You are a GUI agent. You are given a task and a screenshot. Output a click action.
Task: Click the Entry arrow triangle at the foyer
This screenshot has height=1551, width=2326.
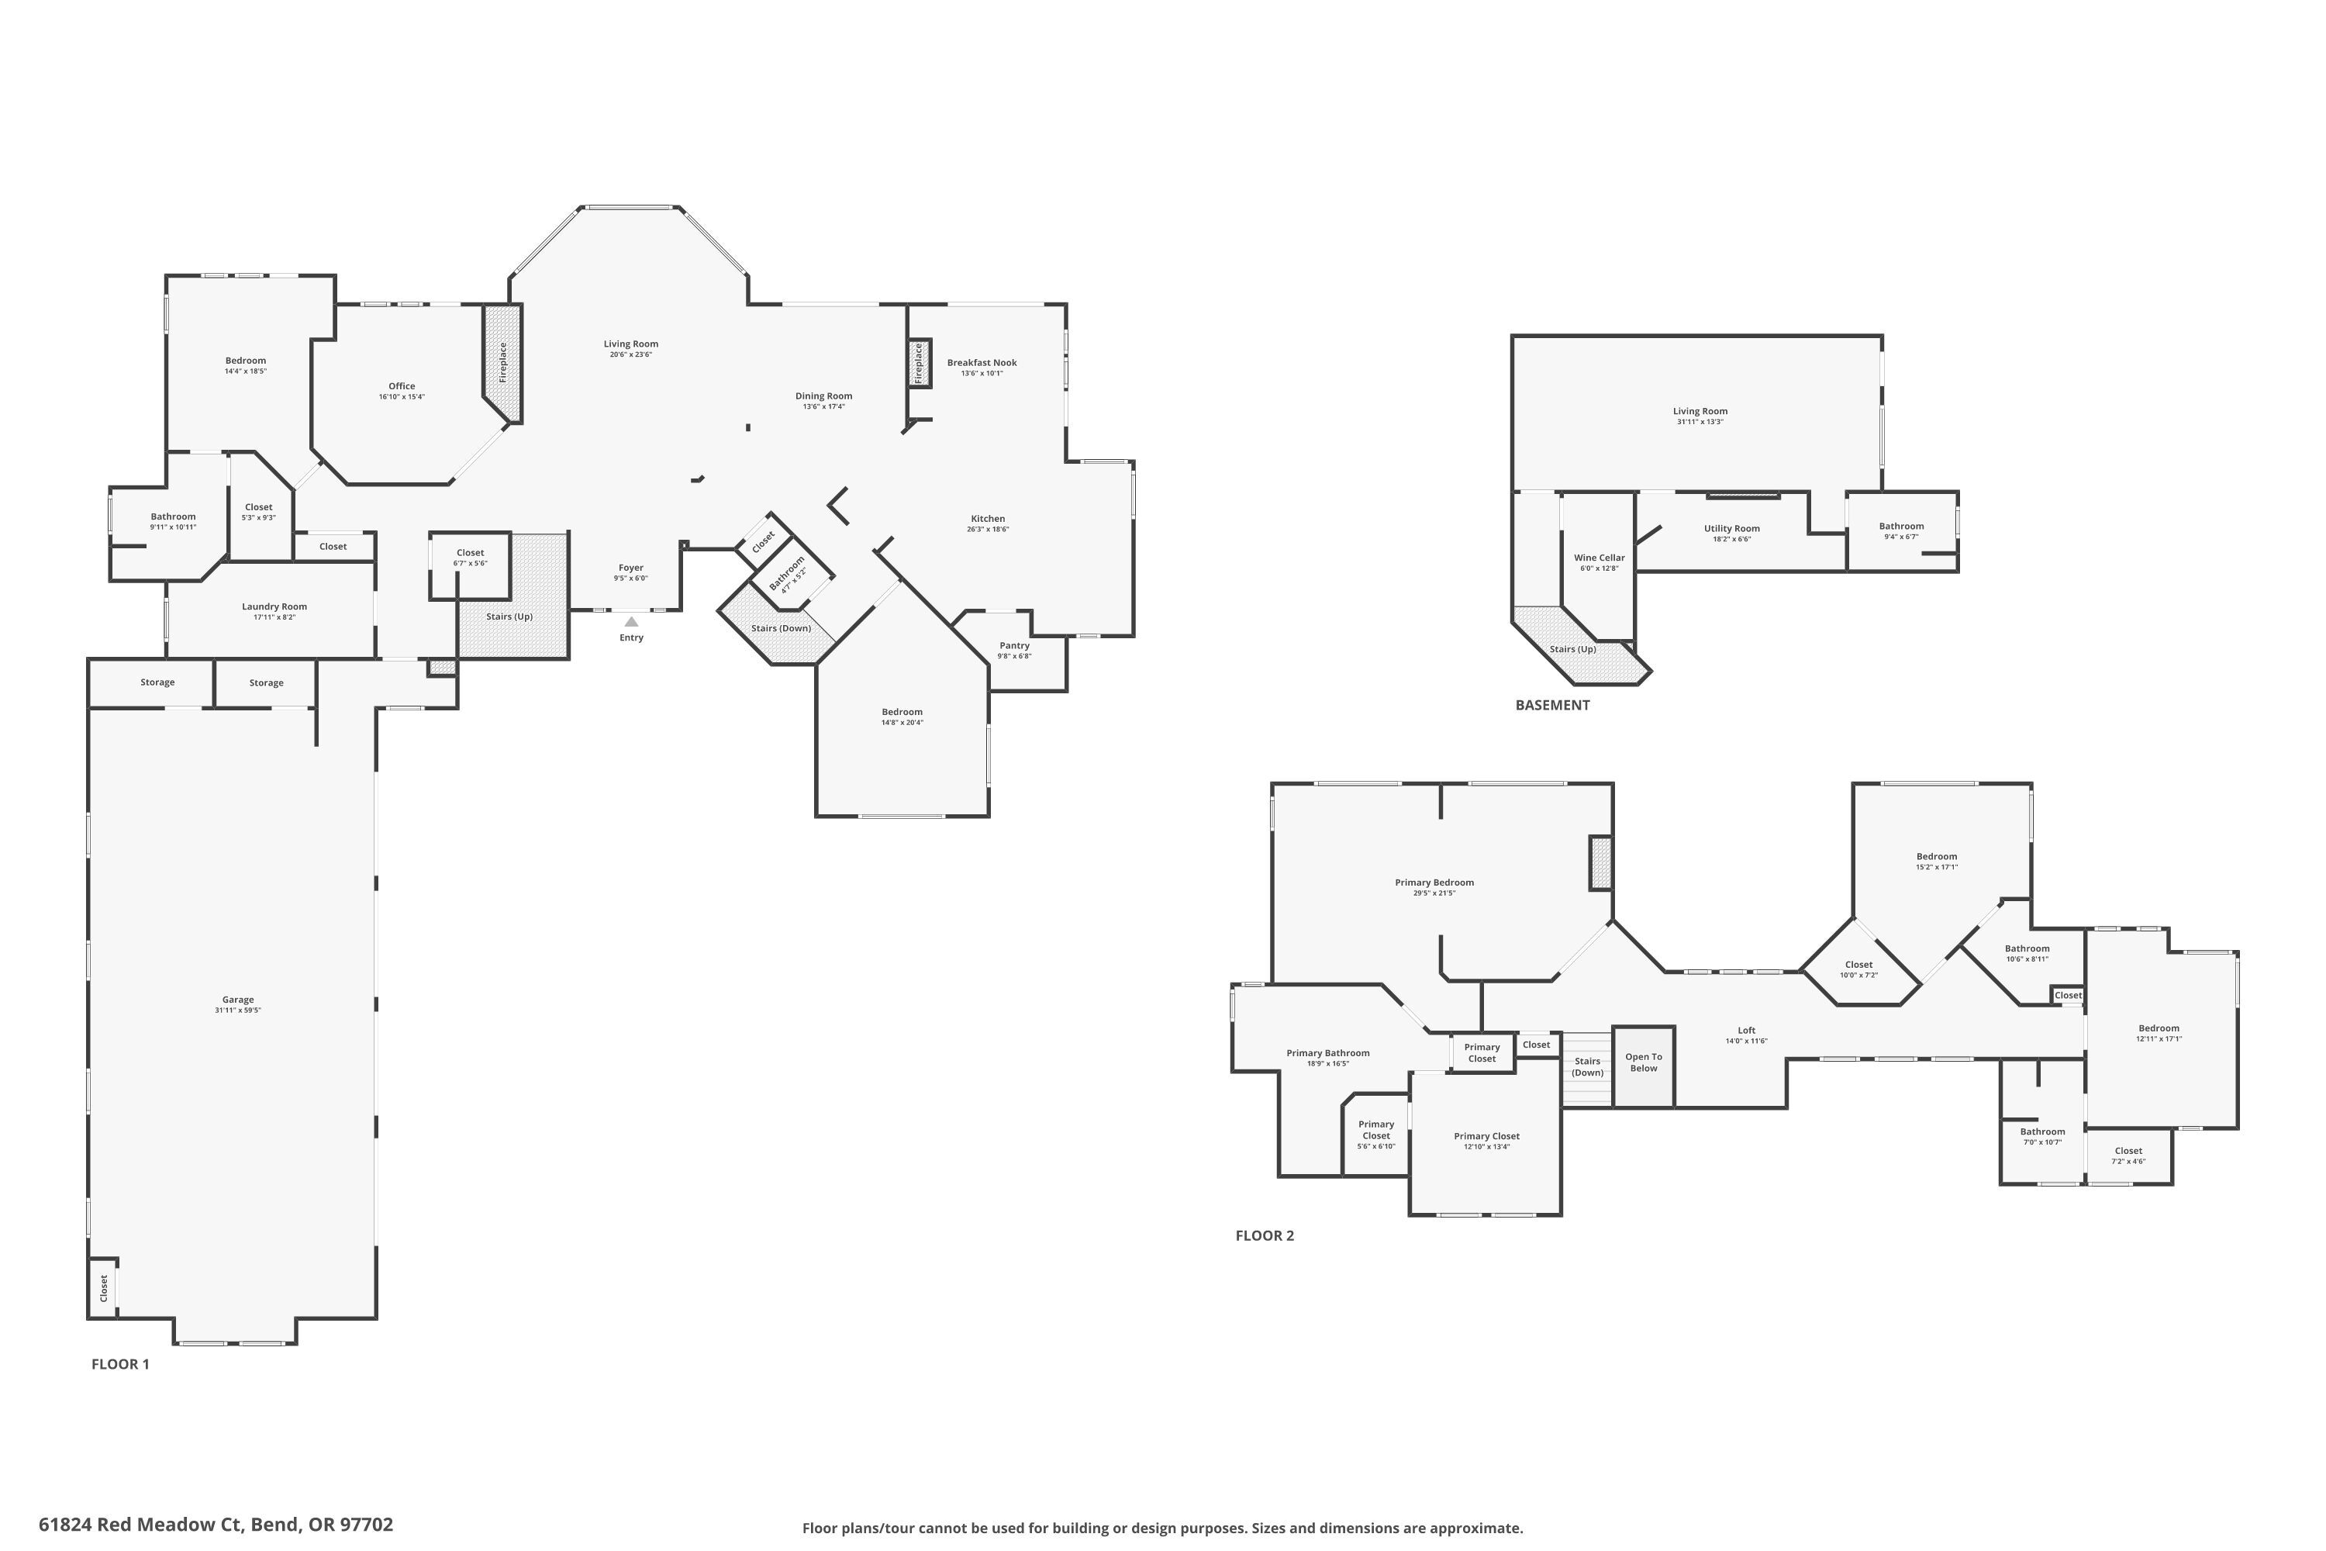pyautogui.click(x=631, y=621)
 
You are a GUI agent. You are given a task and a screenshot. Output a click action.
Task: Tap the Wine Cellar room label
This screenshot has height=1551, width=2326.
pyautogui.click(x=1599, y=558)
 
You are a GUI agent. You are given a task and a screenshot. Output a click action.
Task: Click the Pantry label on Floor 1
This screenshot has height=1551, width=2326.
pyautogui.click(x=1013, y=646)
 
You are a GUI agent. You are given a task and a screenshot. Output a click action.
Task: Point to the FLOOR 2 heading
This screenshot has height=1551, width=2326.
pyautogui.click(x=1264, y=1235)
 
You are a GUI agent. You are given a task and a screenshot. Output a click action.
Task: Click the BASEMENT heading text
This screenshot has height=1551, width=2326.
pyautogui.click(x=1551, y=705)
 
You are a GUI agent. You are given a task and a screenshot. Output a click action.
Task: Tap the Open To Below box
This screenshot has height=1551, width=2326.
pyautogui.click(x=1644, y=1062)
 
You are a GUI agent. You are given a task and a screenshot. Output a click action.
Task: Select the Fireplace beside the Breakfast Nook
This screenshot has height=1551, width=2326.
pyautogui.click(x=919, y=363)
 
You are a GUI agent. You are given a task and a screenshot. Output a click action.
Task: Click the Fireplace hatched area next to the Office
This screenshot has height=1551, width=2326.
pyautogui.click(x=502, y=362)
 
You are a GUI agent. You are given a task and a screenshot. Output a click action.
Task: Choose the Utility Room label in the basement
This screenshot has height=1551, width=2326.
pyautogui.click(x=1731, y=528)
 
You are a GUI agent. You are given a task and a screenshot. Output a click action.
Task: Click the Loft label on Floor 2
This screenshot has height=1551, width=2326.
pyautogui.click(x=1747, y=1031)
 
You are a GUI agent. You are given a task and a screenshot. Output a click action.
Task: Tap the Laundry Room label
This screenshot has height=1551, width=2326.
pyautogui.click(x=274, y=606)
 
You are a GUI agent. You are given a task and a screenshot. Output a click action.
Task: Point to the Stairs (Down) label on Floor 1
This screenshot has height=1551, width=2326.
pyautogui.click(x=780, y=628)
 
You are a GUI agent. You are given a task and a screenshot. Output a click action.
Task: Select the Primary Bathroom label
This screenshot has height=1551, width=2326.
pyautogui.click(x=1327, y=1053)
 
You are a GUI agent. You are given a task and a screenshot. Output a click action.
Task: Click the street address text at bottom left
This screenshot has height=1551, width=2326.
pyautogui.click(x=216, y=1525)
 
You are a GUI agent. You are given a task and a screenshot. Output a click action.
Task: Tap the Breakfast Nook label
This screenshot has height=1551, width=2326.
pyautogui.click(x=981, y=363)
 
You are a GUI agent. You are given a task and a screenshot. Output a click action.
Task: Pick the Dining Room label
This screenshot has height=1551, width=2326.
pyautogui.click(x=823, y=396)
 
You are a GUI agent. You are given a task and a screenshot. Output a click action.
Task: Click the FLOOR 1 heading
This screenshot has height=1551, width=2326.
pyautogui.click(x=119, y=1364)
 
